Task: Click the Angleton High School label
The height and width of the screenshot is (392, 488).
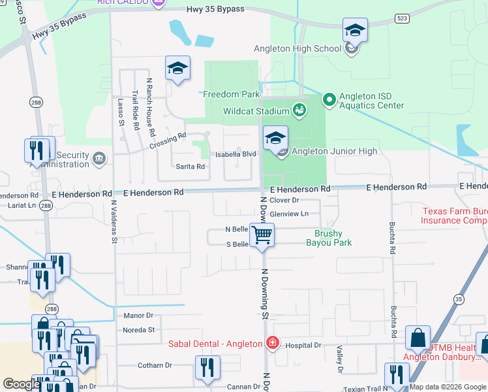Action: pyautogui.click(x=297, y=48)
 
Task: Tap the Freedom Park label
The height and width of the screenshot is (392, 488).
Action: pyautogui.click(x=227, y=94)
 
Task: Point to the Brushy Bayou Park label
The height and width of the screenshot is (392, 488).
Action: pyautogui.click(x=329, y=238)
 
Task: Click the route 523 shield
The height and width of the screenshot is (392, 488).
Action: pyautogui.click(x=402, y=19)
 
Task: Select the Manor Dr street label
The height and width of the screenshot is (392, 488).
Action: pyautogui.click(x=138, y=316)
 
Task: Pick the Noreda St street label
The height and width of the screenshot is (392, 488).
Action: pyautogui.click(x=138, y=330)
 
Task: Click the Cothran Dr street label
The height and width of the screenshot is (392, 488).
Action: pyautogui.click(x=154, y=366)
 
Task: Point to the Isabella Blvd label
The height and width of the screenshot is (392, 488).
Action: pyautogui.click(x=236, y=154)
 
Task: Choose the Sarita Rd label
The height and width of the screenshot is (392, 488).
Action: pyautogui.click(x=191, y=167)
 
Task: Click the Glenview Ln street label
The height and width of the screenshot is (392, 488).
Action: pyautogui.click(x=289, y=214)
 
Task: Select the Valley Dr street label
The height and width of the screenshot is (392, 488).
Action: pyautogui.click(x=339, y=360)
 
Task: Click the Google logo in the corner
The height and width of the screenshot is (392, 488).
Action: pyautogui.click(x=22, y=384)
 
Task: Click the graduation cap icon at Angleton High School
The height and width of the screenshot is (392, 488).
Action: pyautogui.click(x=355, y=30)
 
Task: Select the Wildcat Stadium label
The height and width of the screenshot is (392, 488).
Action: pyautogui.click(x=256, y=111)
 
